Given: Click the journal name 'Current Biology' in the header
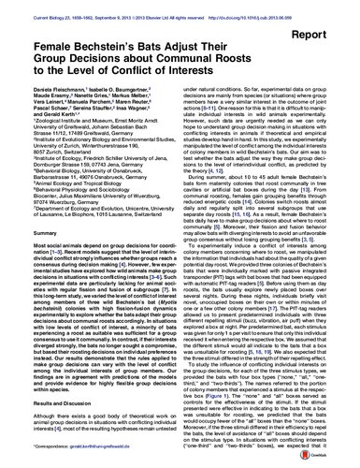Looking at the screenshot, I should tap(32, 6).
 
